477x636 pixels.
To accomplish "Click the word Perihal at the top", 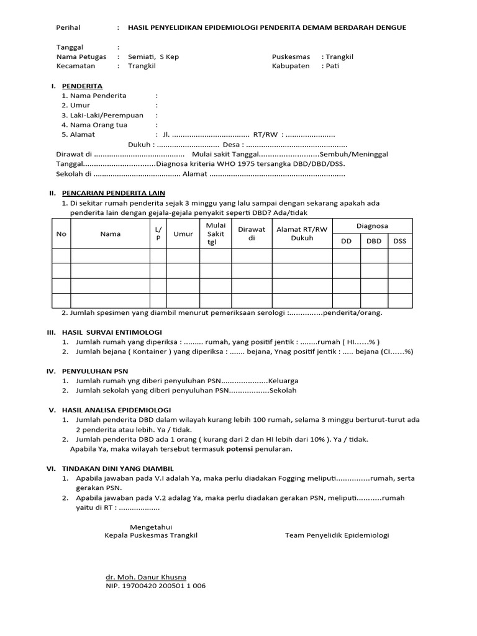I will pos(68,28).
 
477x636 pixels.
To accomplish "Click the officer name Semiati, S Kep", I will pos(153,57).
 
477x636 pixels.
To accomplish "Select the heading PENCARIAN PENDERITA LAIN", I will pos(113,193).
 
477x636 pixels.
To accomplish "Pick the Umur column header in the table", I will pos(183,234).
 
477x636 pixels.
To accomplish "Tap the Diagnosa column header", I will pos(373,226).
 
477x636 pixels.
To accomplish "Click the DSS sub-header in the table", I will pos(399,241).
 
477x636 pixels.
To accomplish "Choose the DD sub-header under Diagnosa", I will pos(346,241).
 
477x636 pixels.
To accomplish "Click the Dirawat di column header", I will pos(252,234).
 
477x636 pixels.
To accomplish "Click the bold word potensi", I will pos(238,448).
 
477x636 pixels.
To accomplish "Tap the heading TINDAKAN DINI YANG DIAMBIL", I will pos(118,468).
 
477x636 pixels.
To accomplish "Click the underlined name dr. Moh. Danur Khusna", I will pos(147,576).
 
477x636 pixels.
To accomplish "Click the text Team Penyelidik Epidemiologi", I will pos(337,535).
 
